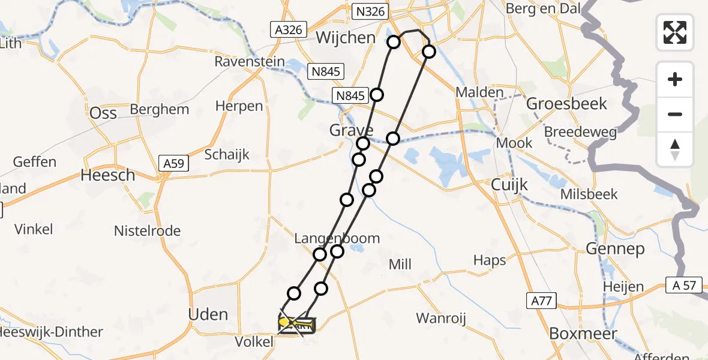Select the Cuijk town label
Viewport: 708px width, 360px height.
coord(509,184)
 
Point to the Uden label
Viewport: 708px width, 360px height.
coord(208,314)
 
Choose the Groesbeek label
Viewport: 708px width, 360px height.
coord(566,103)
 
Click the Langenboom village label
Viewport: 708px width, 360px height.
coord(337,238)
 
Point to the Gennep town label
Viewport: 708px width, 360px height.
coord(615,248)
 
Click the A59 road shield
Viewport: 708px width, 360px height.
coord(172,162)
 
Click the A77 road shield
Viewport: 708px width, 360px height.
coord(541,301)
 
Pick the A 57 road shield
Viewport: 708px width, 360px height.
coord(684,285)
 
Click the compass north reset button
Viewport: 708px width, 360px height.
coord(675,149)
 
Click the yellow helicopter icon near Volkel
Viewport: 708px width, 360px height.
coord(295,325)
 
